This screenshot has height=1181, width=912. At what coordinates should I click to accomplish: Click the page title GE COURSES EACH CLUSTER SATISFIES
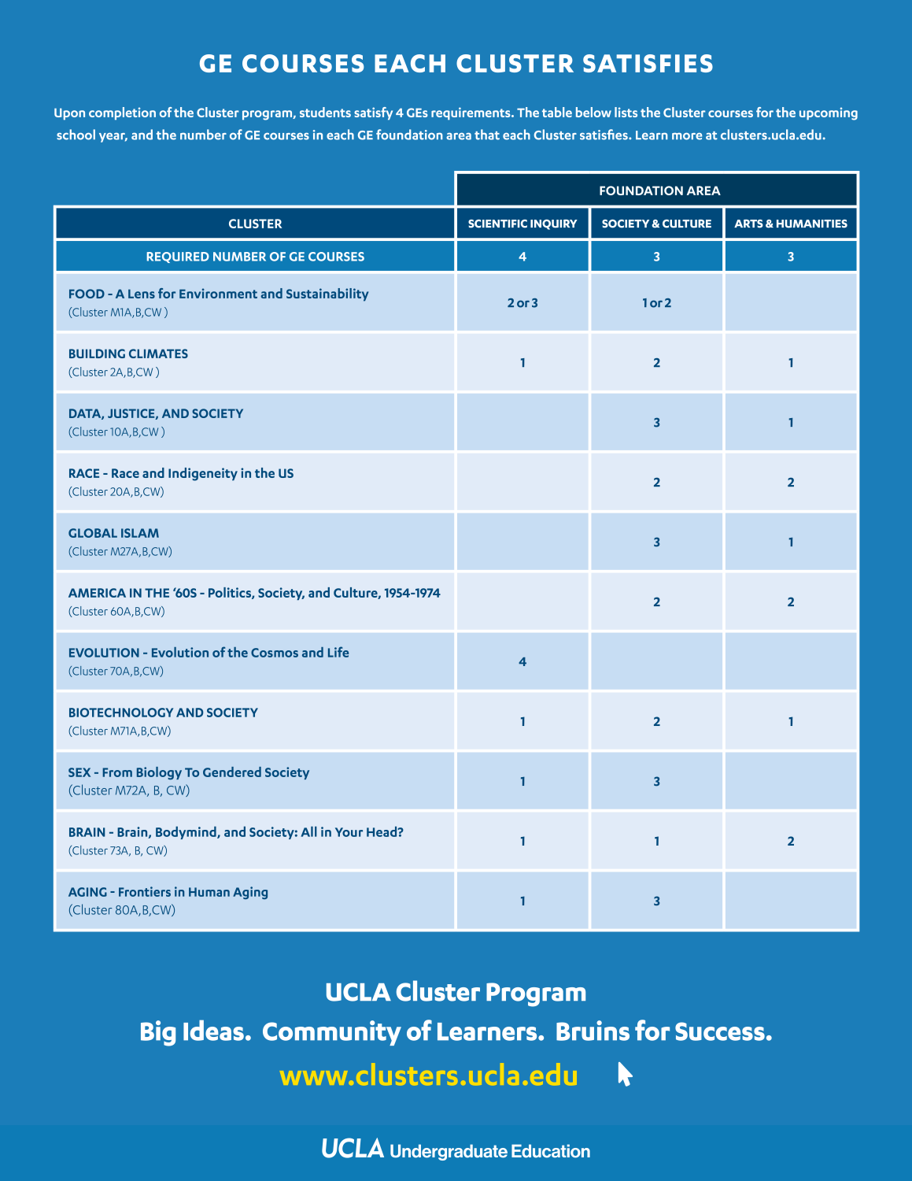[x=456, y=64]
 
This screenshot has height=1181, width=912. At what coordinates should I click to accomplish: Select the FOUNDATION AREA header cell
[x=659, y=191]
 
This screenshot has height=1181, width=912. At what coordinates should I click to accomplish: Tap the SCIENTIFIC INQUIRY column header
[x=522, y=224]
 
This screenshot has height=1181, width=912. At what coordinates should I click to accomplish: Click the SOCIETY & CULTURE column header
[x=656, y=224]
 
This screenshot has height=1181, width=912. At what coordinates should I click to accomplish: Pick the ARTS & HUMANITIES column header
[x=790, y=224]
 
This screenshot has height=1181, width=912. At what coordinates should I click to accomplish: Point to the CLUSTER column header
[x=255, y=224]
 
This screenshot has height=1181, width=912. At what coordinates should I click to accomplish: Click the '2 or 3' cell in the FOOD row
[x=522, y=303]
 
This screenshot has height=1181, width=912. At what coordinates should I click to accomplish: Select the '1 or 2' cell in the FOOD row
[x=656, y=303]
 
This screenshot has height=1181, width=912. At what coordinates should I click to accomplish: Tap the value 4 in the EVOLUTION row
[x=522, y=662]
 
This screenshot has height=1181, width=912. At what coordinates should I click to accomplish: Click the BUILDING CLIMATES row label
[x=128, y=354]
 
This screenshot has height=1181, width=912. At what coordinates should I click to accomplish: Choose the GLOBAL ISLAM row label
[x=113, y=534]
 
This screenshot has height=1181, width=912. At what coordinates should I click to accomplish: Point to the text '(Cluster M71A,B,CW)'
[x=120, y=731]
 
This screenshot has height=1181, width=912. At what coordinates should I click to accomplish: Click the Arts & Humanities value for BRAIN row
[x=790, y=842]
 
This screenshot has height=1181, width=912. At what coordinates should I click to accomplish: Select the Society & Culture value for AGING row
[x=656, y=901]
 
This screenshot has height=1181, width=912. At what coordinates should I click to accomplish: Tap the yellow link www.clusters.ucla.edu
[x=429, y=1075]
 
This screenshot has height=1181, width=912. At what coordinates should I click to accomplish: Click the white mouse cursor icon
[x=624, y=1074]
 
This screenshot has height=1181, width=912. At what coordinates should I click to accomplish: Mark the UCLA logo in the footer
[x=352, y=1150]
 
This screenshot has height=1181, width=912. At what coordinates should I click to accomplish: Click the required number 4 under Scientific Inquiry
[x=522, y=257]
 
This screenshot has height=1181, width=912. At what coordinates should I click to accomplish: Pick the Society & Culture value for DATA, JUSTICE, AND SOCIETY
[x=656, y=423]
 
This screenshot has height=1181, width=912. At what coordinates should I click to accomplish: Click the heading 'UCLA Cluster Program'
[x=456, y=992]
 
